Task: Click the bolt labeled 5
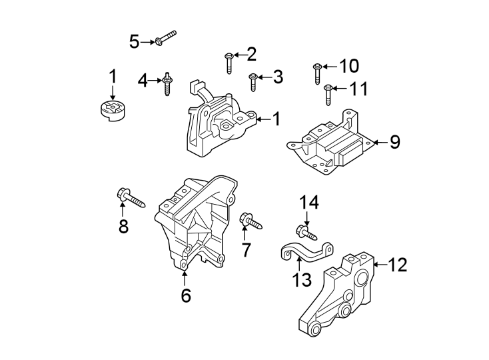tap(165, 38)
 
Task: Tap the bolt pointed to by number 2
tap(229, 62)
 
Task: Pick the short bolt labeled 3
tap(253, 82)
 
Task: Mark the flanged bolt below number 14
tap(307, 232)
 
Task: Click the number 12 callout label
tap(397, 265)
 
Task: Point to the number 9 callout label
tap(395, 142)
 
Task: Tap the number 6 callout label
tap(185, 295)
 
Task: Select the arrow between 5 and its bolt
tap(148, 42)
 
